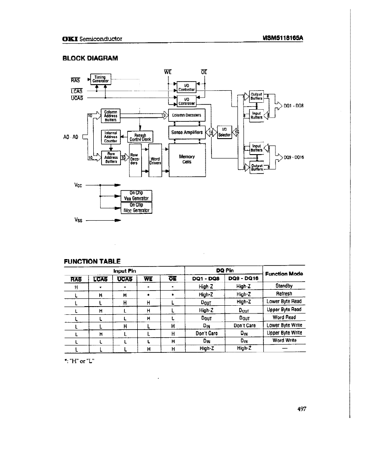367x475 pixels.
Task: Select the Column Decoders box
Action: [x=187, y=115]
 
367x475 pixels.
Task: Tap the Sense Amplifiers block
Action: [x=187, y=132]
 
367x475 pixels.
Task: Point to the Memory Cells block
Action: [x=187, y=159]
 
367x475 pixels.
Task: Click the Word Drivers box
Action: [x=155, y=161]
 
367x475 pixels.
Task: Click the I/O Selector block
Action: [x=224, y=132]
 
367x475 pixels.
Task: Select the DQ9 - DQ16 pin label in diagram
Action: [x=294, y=157]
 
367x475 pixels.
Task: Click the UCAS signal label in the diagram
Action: [x=76, y=98]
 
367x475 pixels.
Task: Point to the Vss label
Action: [x=78, y=220]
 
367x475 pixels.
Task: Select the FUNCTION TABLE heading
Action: [x=92, y=261]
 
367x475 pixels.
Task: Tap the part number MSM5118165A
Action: [x=283, y=38]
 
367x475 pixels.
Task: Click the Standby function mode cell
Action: [x=284, y=285]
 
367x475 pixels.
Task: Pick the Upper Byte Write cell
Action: [x=284, y=333]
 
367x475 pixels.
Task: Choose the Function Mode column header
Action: [x=284, y=274]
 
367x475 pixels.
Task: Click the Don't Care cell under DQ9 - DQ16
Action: [x=244, y=325]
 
